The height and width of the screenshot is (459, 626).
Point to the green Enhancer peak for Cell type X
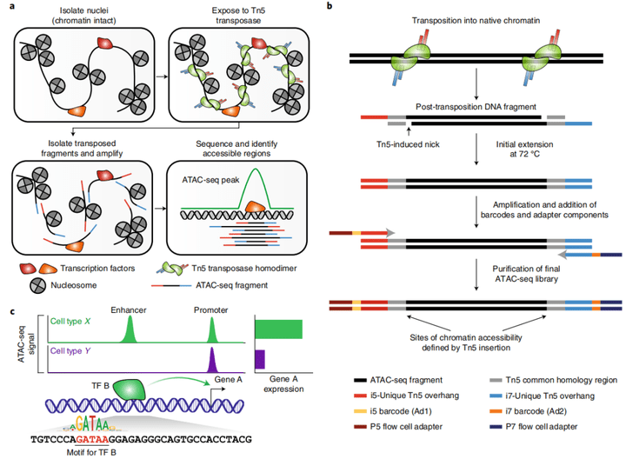click(130, 329)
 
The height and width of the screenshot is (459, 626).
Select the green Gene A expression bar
click(277, 329)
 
